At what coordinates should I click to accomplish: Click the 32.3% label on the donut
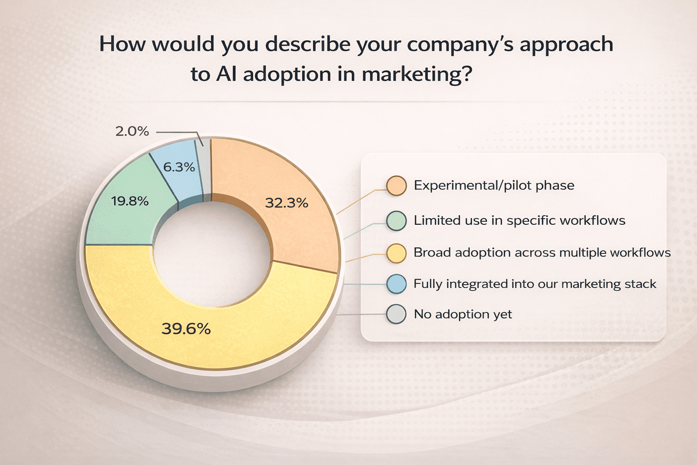(286, 203)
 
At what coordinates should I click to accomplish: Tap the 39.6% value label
(186, 329)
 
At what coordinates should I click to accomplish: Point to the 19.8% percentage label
(130, 201)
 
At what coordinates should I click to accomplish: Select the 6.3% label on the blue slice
(179, 167)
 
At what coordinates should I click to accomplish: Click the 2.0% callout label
(132, 131)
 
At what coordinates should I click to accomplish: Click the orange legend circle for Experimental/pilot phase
(396, 186)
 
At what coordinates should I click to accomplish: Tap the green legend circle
(396, 221)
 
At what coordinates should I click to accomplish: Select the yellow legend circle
(396, 253)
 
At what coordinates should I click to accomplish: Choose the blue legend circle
(396, 284)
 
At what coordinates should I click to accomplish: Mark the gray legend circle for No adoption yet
(396, 314)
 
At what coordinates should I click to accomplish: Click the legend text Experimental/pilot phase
(494, 185)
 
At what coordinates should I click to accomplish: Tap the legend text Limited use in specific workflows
(519, 221)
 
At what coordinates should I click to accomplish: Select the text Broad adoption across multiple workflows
(542, 252)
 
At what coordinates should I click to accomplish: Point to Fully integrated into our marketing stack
(535, 284)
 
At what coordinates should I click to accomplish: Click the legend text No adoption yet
(462, 314)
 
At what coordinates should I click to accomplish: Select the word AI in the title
(226, 74)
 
